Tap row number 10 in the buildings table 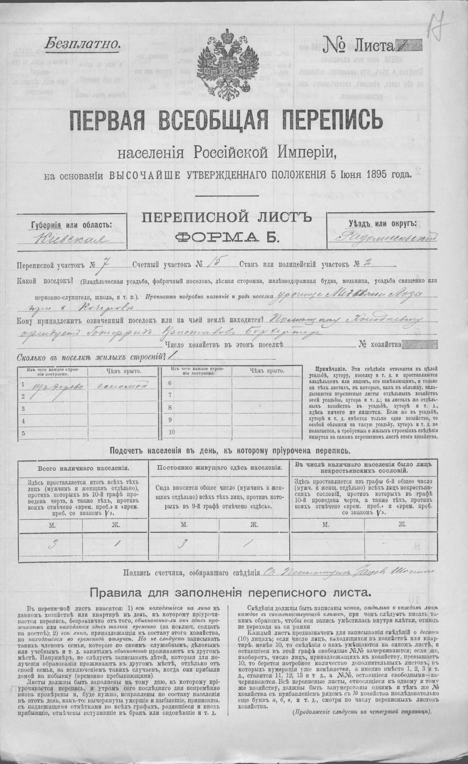pyautogui.click(x=172, y=432)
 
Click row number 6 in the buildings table pyautogui.click(x=170, y=383)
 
